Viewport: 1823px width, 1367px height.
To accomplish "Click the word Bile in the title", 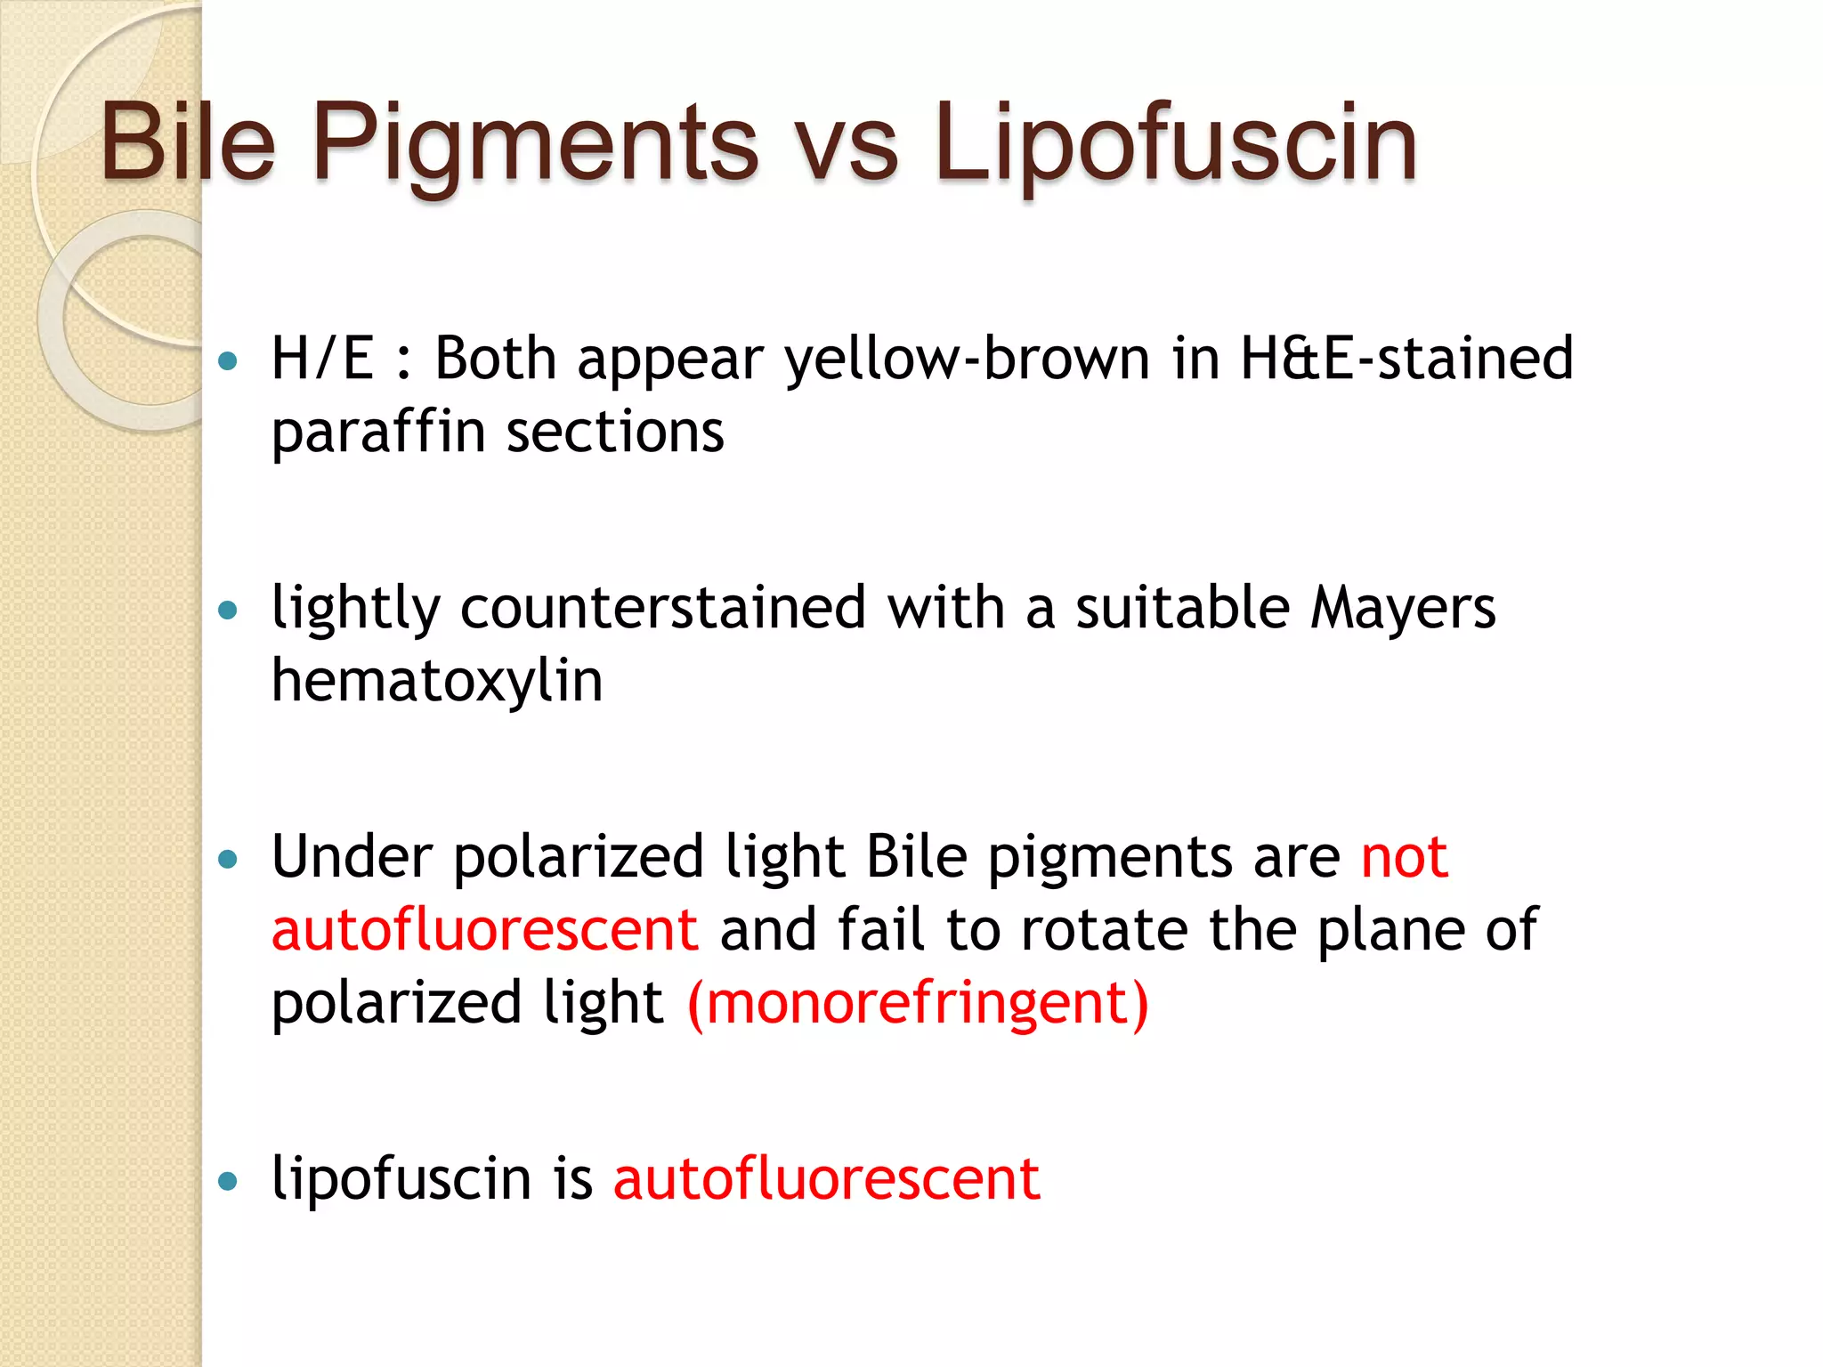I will tap(188, 142).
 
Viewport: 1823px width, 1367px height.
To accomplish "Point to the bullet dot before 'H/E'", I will tap(229, 361).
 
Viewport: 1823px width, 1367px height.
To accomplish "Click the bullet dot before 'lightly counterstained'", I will tap(229, 611).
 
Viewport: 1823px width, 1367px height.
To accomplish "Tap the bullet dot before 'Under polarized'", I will tap(229, 859).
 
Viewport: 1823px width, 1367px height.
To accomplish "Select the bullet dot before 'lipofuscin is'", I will tap(229, 1181).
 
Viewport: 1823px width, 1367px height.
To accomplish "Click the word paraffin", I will tap(378, 433).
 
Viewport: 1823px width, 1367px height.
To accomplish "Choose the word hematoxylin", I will tap(437, 682).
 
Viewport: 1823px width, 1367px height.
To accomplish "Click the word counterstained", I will tap(663, 609).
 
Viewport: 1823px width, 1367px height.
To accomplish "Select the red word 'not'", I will tap(1405, 858).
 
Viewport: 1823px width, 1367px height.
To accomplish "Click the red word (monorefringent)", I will tap(918, 1004).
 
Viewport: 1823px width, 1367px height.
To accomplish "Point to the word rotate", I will tap(1104, 930).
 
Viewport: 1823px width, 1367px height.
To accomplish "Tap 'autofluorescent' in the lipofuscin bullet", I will tap(826, 1179).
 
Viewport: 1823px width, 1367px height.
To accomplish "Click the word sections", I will tap(615, 433).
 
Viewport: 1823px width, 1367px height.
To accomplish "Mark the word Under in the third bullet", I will tap(352, 857).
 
